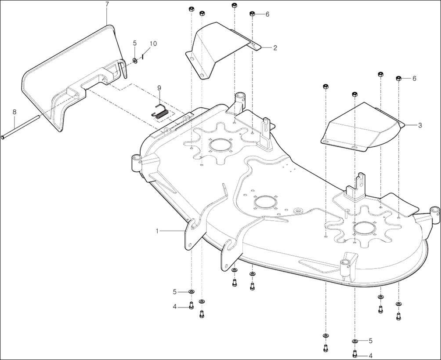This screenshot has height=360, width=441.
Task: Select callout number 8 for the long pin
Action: click(14, 112)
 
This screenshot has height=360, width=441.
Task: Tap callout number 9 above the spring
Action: click(159, 88)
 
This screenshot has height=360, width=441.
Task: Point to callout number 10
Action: click(153, 44)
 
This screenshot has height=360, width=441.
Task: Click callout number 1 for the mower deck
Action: click(158, 231)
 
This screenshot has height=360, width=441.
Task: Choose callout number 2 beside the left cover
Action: click(275, 47)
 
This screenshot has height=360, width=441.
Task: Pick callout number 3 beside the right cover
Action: click(420, 125)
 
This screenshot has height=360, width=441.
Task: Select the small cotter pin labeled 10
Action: click(143, 57)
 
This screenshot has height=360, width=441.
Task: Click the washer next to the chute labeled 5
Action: click(135, 60)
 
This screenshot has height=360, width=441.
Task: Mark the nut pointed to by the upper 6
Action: click(252, 14)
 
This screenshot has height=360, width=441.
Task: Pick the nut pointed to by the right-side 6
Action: click(398, 78)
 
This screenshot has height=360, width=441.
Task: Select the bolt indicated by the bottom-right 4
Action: click(355, 353)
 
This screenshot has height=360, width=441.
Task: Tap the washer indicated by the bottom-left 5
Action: click(192, 292)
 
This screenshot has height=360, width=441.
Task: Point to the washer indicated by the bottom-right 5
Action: click(355, 342)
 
